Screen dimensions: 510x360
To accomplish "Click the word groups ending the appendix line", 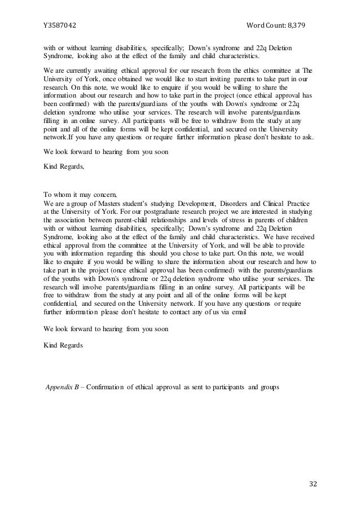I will [269, 389].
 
